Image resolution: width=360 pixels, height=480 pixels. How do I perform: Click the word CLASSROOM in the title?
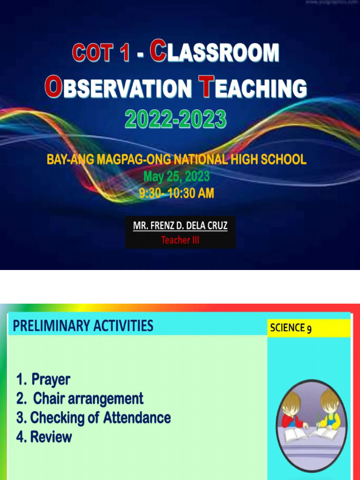click(214, 52)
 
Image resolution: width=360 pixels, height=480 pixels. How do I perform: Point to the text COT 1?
click(101, 53)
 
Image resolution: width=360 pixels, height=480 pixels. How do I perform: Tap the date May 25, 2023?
click(176, 177)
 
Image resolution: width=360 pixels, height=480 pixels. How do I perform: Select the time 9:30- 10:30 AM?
click(176, 193)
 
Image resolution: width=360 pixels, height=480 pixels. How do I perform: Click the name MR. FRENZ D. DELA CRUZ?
click(180, 226)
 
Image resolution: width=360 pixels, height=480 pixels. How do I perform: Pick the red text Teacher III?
click(180, 240)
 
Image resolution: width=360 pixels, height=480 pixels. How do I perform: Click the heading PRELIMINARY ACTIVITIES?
click(83, 325)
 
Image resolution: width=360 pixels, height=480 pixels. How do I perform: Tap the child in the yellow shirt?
click(330, 410)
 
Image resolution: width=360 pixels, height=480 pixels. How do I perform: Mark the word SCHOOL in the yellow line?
click(285, 160)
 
